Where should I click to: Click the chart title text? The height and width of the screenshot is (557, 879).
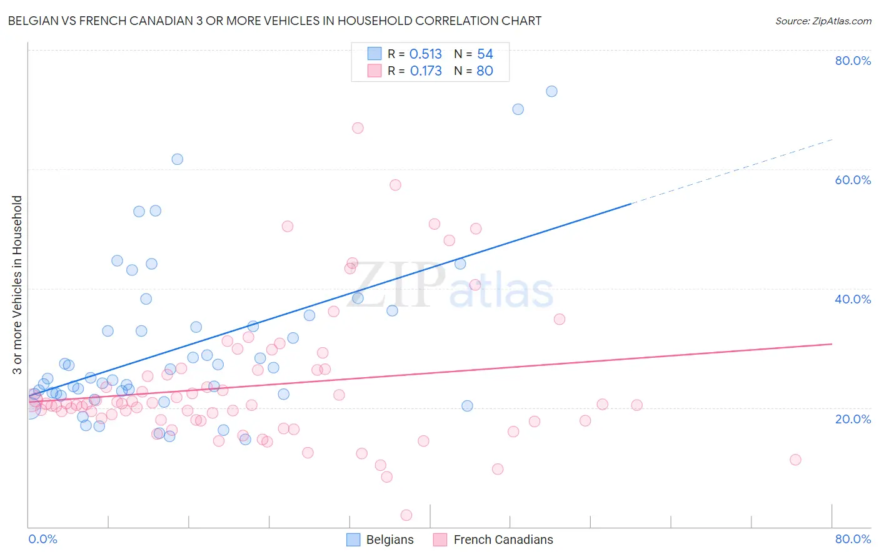(274, 21)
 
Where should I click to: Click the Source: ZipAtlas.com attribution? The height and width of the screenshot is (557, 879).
(823, 21)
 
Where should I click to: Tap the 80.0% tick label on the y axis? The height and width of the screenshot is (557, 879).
(853, 61)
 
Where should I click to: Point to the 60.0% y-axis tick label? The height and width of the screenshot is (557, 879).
(853, 180)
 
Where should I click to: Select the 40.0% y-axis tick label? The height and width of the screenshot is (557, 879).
(853, 299)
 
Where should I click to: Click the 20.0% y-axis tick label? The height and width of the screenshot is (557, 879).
(853, 418)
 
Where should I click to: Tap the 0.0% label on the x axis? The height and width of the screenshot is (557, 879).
(43, 539)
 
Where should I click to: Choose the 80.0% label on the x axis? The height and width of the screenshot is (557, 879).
(853, 539)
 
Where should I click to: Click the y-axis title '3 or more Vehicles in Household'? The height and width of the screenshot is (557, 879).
(18, 285)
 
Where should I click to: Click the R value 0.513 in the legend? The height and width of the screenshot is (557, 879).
(425, 54)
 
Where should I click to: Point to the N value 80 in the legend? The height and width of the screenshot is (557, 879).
(485, 71)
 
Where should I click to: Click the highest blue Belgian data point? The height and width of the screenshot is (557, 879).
(551, 91)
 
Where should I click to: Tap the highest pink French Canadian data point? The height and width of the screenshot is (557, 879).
(358, 128)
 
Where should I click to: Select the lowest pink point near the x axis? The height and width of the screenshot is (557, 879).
(406, 515)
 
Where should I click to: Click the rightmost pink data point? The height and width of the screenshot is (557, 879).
(795, 460)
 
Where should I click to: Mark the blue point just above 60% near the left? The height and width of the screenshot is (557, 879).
(178, 159)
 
